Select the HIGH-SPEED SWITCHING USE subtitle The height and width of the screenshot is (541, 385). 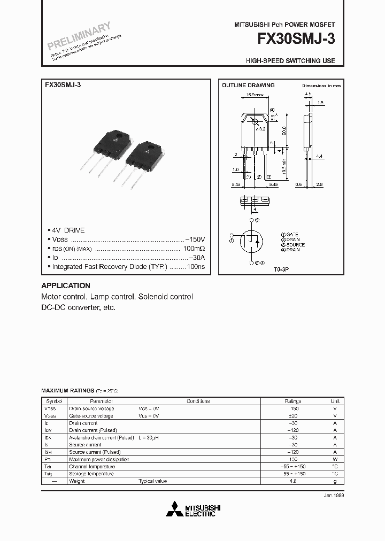290,61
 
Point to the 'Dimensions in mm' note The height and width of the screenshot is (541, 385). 321,86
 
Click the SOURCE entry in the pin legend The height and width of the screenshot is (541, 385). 292,244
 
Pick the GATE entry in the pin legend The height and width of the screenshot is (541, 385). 290,235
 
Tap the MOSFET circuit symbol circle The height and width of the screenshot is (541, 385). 252,241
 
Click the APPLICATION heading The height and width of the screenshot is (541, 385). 66,285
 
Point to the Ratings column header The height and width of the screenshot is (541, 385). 292,401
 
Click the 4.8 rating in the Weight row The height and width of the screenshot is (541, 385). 294,481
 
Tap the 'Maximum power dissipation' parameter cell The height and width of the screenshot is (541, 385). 99,459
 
